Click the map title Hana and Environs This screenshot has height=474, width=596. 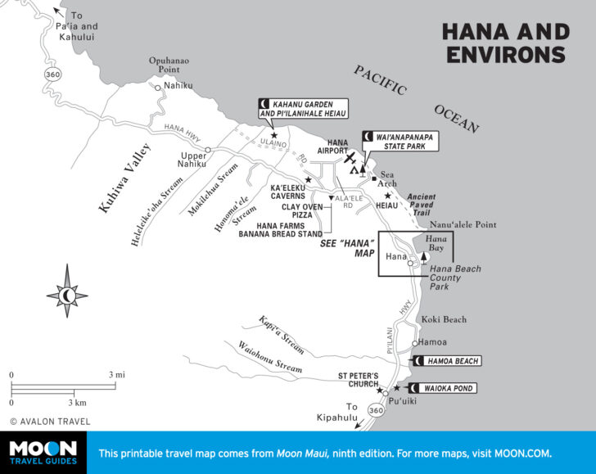505,43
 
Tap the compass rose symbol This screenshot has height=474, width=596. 67,292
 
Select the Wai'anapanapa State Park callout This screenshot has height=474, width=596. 401,140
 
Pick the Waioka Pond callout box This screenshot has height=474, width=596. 446,387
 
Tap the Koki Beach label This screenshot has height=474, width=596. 444,320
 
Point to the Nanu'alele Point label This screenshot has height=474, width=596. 463,223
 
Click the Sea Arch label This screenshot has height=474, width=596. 387,180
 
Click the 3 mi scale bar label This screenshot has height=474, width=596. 116,375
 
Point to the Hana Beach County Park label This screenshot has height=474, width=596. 455,278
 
